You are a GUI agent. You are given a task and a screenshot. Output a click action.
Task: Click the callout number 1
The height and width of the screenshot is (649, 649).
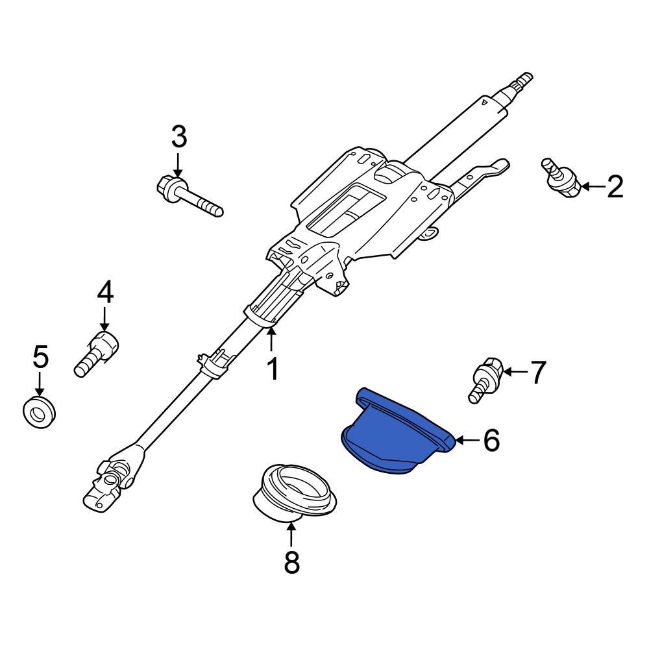click(273, 369)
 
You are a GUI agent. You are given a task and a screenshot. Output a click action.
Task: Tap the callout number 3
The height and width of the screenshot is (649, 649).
click(178, 137)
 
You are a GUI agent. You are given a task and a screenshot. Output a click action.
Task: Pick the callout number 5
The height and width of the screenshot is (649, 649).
click(40, 356)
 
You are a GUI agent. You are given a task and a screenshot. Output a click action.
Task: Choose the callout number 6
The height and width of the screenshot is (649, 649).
click(491, 441)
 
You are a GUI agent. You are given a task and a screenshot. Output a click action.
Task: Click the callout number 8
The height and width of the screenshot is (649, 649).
click(292, 562)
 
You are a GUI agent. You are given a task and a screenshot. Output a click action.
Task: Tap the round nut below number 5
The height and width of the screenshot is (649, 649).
click(39, 411)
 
